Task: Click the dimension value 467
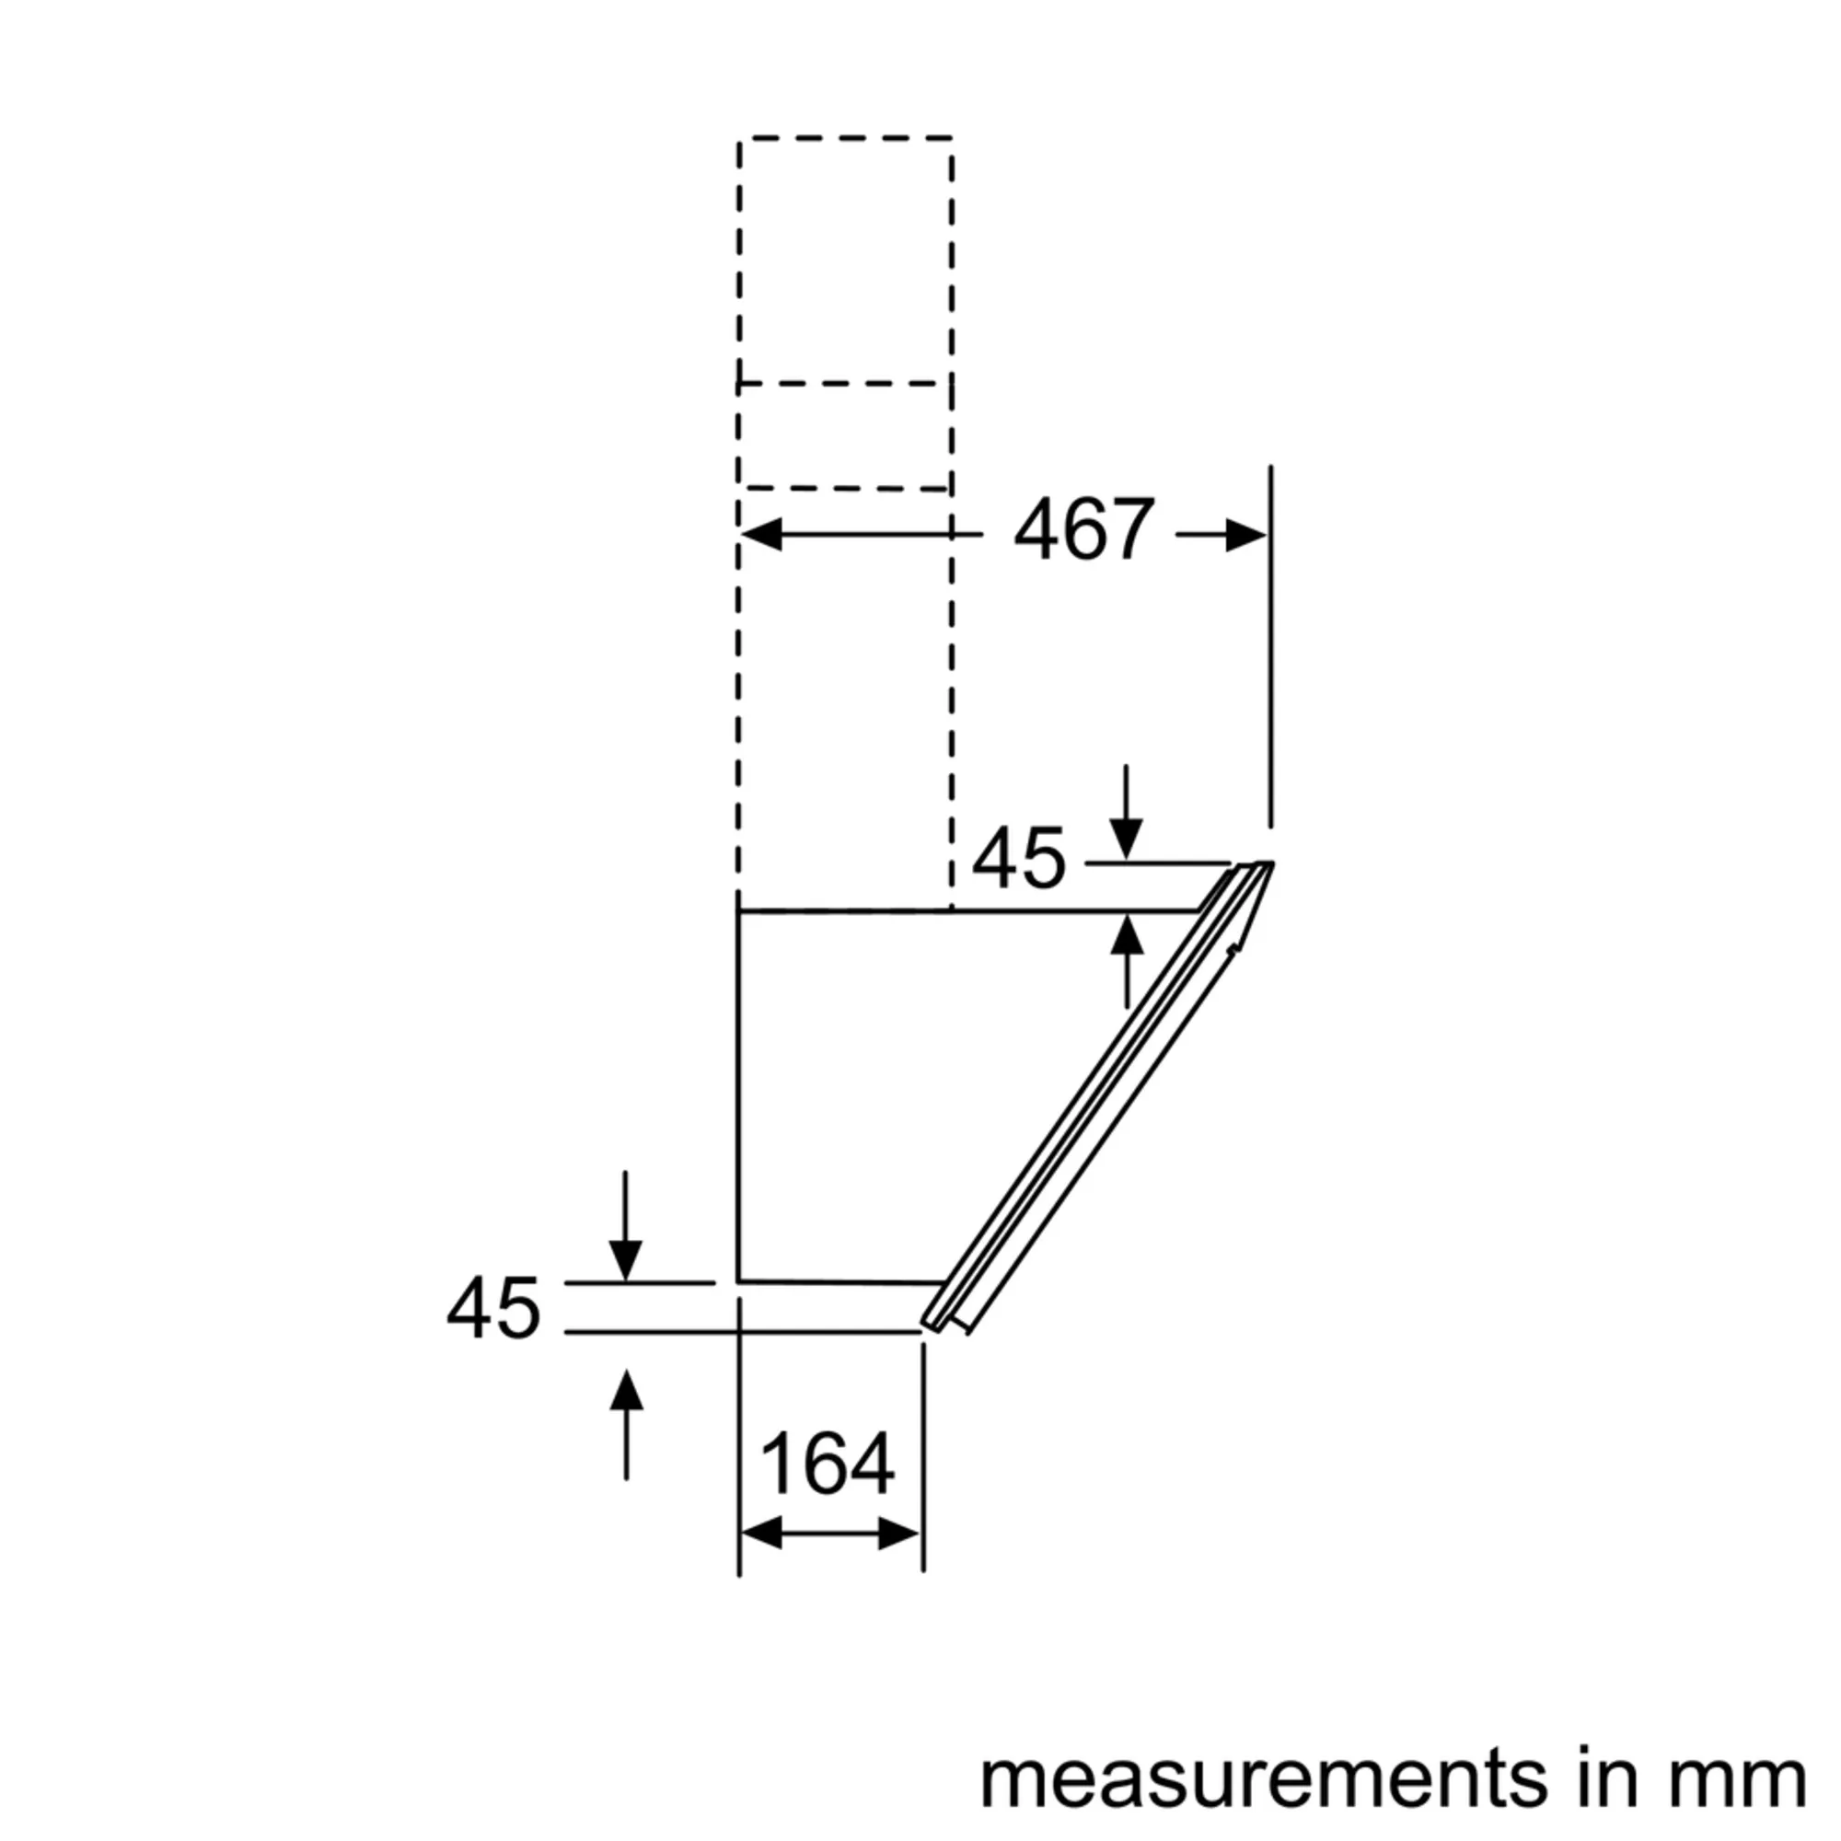pos(1083,530)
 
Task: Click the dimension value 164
pos(828,1464)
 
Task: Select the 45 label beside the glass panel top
pos(1018,859)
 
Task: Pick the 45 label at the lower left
pos(493,1308)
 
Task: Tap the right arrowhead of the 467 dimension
pos(1245,535)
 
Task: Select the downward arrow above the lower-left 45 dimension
pos(625,1260)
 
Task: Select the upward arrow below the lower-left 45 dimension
pos(626,1391)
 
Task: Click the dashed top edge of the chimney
pos(845,139)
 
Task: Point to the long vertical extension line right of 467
pos(1270,648)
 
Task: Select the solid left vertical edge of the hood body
pos(739,1095)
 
